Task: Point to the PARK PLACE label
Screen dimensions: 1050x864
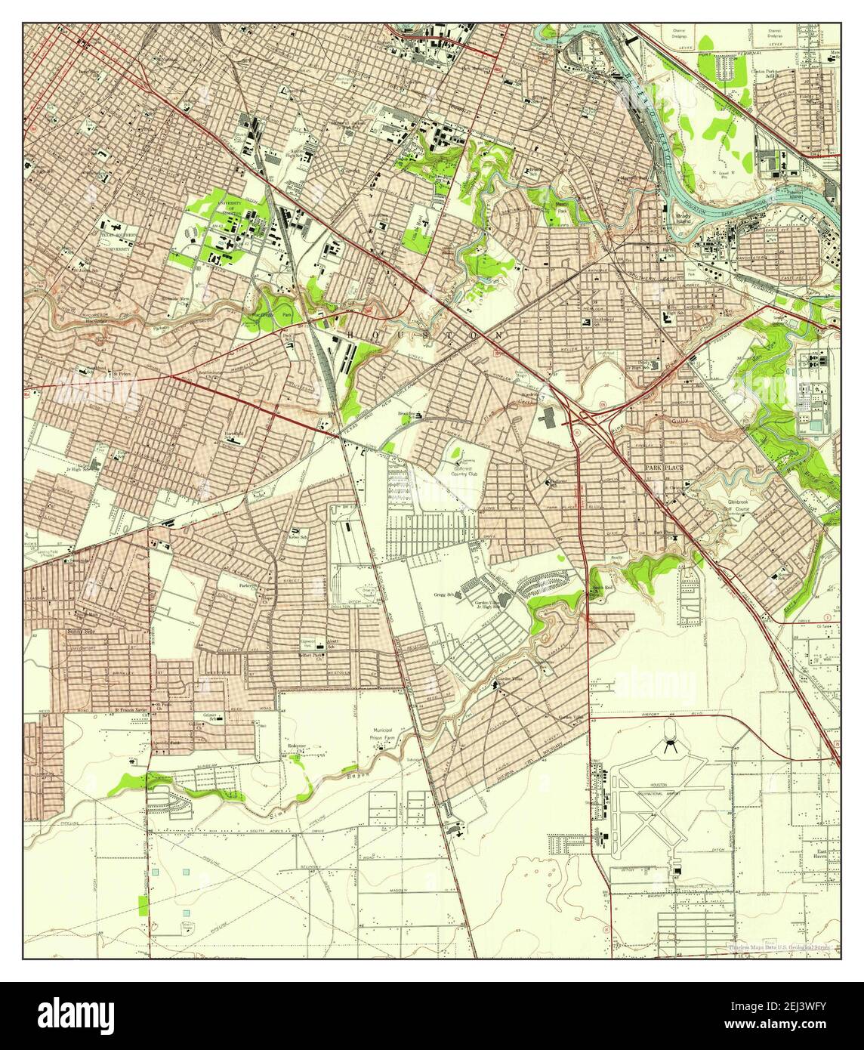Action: tap(664, 468)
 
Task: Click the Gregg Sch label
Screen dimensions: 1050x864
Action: tap(446, 595)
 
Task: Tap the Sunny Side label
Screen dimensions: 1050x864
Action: tap(82, 632)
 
